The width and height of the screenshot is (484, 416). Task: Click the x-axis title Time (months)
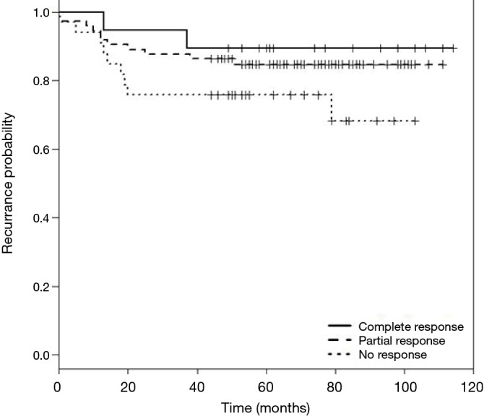[264, 406]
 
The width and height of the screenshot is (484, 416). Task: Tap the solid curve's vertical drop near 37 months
[187, 39]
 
